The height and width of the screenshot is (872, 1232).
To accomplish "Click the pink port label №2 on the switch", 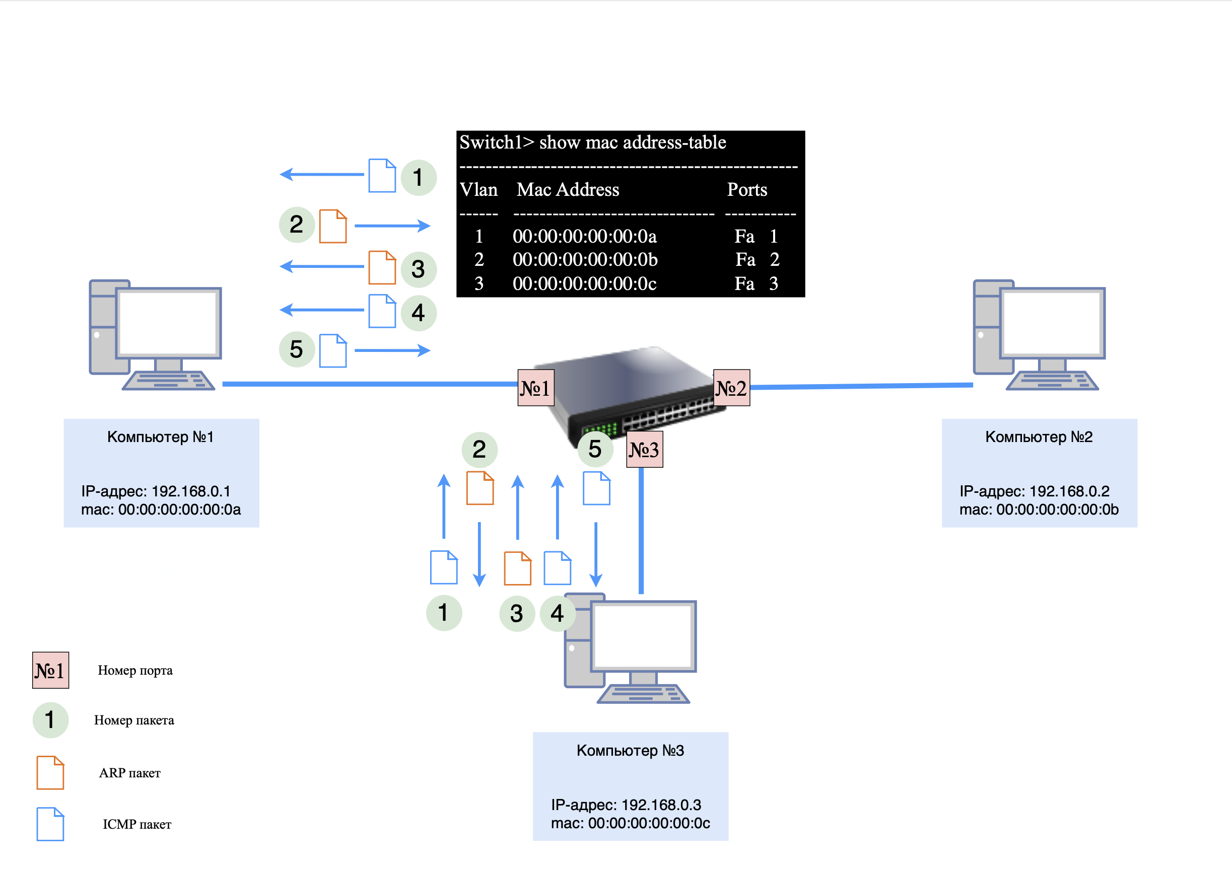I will point(731,388).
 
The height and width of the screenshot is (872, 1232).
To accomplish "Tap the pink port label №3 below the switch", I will point(644,450).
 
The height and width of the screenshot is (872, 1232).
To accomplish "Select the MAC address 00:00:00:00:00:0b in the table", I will point(585,260).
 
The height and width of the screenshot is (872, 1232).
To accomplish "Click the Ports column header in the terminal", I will point(746,189).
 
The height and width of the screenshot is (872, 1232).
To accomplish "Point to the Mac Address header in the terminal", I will point(567,189).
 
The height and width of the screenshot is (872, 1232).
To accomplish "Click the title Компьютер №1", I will point(160,437).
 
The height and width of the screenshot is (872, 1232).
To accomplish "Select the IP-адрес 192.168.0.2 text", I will point(1034,491).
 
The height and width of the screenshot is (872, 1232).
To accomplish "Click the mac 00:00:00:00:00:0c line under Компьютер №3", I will point(630,823).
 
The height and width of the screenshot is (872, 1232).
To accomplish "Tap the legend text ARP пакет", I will point(129,773).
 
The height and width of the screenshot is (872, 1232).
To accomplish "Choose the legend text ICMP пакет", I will point(137,824).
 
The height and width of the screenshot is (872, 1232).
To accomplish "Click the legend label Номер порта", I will point(135,671).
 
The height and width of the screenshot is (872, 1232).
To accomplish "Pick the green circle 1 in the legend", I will point(50,720).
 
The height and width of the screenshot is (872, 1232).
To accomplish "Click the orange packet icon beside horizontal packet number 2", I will point(333,226).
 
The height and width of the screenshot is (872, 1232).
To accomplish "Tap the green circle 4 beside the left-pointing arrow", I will point(419,313).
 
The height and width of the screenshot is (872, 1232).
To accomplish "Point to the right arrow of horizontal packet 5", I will point(392,350).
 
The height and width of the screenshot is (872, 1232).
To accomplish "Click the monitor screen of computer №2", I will point(1052,323).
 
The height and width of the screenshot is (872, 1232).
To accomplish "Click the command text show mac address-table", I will point(632,143).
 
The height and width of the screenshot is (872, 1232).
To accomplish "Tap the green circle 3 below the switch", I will point(517,613).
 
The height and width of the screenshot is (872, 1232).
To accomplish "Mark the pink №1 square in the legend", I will point(50,670).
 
